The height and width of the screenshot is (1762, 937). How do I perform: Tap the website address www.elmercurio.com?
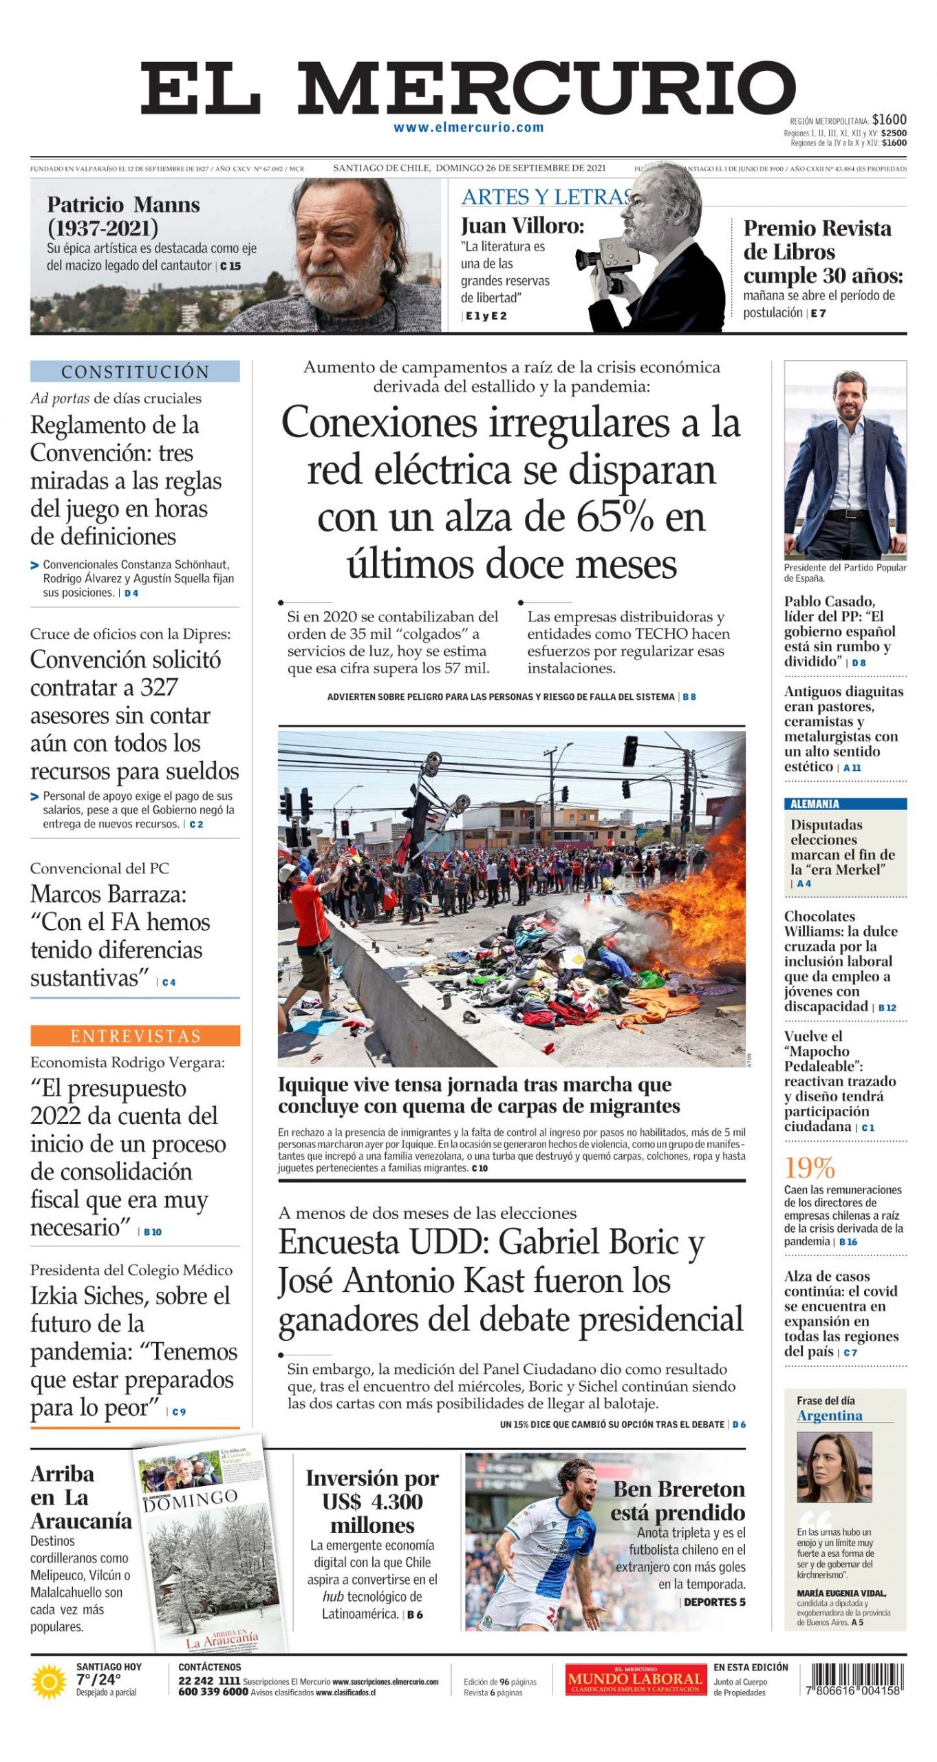click(x=468, y=127)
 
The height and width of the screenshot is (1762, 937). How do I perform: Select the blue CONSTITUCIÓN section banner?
click(x=135, y=372)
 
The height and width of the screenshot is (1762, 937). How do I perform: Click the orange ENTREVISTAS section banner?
click(x=135, y=1036)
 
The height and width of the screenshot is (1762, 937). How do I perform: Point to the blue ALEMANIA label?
click(x=815, y=804)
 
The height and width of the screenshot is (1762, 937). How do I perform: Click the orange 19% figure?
click(x=810, y=1168)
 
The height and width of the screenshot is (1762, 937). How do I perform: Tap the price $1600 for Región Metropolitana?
click(x=890, y=120)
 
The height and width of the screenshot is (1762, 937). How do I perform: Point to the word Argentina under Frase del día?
click(x=829, y=1415)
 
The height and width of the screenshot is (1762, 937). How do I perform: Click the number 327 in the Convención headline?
click(x=159, y=688)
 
